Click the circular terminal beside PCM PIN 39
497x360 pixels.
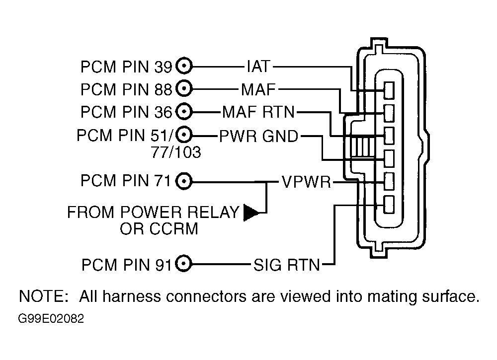coord(184,67)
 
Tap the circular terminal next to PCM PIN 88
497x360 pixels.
coord(184,89)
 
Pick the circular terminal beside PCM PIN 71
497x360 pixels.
coord(184,182)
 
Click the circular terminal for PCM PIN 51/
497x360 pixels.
coord(184,135)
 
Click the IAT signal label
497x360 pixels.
coord(258,67)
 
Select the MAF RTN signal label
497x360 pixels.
coord(258,112)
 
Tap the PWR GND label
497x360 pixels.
coord(258,137)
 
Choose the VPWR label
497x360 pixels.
coord(306,182)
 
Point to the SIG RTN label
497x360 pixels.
coord(287,265)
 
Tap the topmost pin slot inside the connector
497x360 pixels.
coord(389,90)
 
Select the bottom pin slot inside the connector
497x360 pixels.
coord(389,205)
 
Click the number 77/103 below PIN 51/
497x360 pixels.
coord(176,152)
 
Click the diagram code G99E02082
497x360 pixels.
coord(51,318)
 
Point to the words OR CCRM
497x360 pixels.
coord(159,228)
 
